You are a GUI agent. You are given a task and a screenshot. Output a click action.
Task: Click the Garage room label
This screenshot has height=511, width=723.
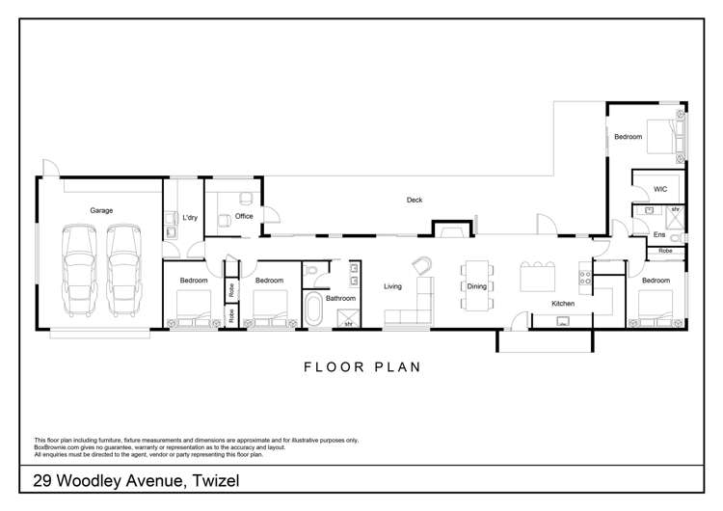pyautogui.click(x=101, y=210)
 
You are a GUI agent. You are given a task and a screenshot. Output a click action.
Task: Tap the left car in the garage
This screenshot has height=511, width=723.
pyautogui.click(x=79, y=270)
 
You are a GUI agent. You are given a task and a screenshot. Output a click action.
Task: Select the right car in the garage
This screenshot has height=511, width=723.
pyautogui.click(x=124, y=270)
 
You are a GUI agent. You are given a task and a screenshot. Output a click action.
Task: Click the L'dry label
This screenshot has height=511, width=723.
pyautogui.click(x=190, y=217)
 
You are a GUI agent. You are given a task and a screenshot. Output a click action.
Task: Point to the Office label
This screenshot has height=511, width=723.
pyautogui.click(x=244, y=216)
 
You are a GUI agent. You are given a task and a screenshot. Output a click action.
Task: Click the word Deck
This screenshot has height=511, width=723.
pyautogui.click(x=415, y=200)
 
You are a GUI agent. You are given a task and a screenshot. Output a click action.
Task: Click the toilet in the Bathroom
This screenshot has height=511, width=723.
pyautogui.click(x=310, y=270)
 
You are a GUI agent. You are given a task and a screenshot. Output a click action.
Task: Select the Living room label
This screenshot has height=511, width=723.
pyautogui.click(x=393, y=286)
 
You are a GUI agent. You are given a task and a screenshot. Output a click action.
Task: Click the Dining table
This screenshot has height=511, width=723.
pyautogui.click(x=477, y=285)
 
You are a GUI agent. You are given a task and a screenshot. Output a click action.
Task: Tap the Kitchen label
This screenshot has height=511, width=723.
pyautogui.click(x=563, y=304)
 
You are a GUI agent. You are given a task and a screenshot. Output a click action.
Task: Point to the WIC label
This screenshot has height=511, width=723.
pyautogui.click(x=660, y=189)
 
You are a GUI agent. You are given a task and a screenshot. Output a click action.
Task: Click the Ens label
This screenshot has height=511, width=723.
pyautogui.click(x=659, y=234)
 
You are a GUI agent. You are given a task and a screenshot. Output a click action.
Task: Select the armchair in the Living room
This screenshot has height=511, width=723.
pyautogui.click(x=422, y=265)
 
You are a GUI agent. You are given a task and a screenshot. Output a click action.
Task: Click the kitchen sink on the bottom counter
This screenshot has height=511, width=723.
pyautogui.click(x=563, y=321)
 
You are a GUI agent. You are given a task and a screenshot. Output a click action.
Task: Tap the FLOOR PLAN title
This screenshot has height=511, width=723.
pyautogui.click(x=362, y=367)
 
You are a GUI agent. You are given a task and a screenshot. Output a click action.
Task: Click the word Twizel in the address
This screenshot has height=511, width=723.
pyautogui.click(x=216, y=480)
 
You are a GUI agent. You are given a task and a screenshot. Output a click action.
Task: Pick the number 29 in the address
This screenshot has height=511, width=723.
pyautogui.click(x=42, y=480)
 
